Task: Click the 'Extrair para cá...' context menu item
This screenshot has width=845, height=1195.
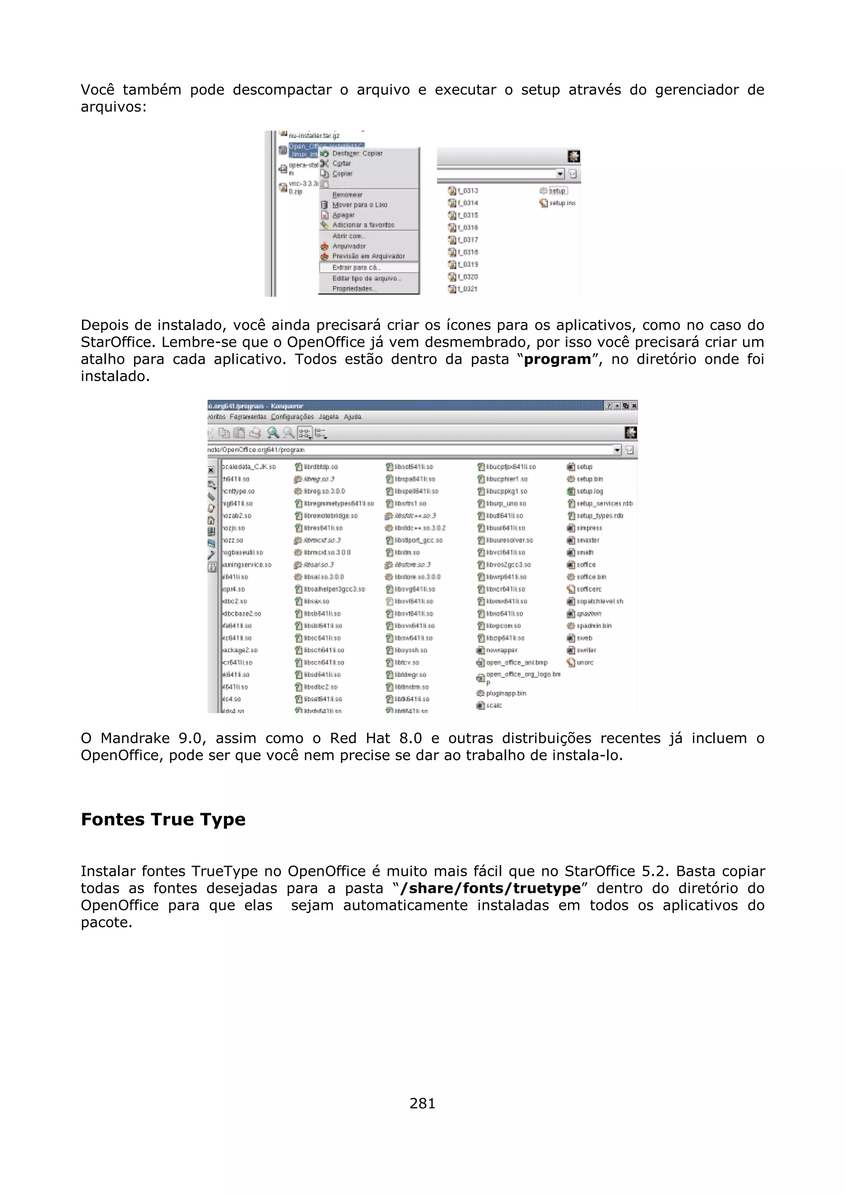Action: [356, 268]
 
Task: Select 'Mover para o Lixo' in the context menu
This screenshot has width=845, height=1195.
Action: [360, 205]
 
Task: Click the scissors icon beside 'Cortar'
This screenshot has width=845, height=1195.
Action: [324, 163]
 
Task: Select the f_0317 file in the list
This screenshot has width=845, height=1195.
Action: [467, 240]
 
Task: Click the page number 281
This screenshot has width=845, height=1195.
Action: [422, 1103]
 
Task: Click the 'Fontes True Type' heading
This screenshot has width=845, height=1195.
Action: [163, 819]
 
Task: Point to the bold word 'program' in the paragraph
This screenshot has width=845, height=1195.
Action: [557, 359]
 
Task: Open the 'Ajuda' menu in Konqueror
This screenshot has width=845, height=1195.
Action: [352, 417]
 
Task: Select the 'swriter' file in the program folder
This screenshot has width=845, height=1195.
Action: [586, 650]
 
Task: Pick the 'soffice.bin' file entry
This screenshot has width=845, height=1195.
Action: [591, 577]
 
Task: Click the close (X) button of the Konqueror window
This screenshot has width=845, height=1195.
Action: [634, 405]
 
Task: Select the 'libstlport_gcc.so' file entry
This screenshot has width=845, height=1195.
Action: [418, 540]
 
